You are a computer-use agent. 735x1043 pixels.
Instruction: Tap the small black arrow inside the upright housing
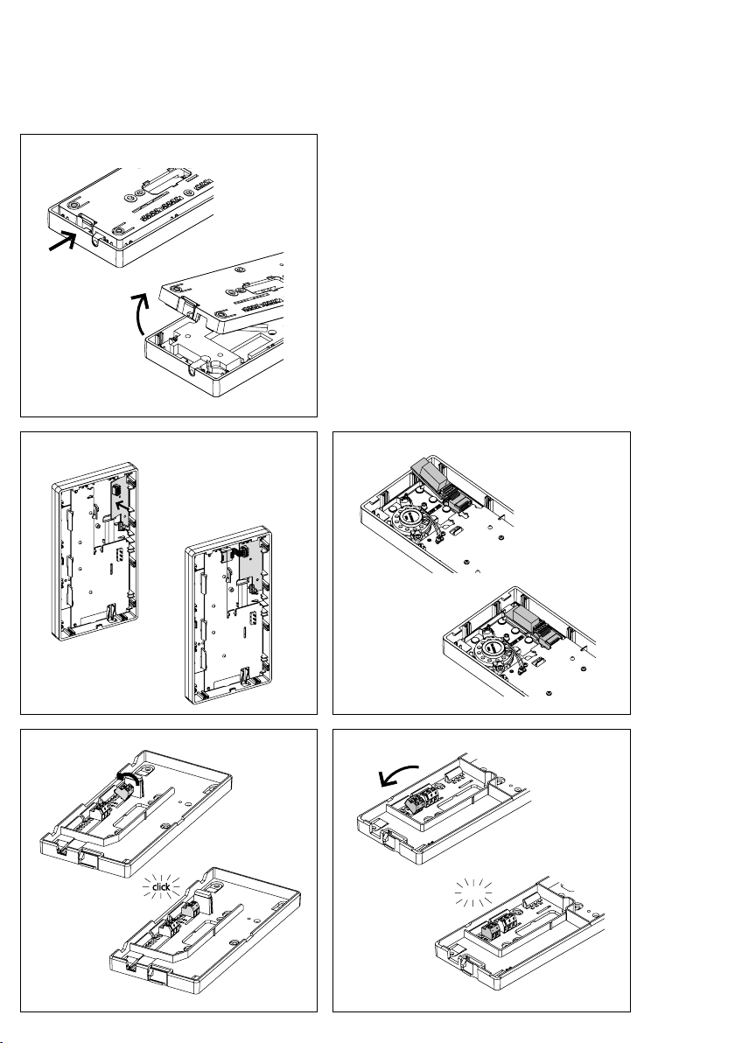click(x=120, y=509)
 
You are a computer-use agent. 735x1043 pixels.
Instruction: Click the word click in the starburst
click(x=161, y=886)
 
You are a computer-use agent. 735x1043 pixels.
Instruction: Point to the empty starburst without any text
click(x=473, y=892)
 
